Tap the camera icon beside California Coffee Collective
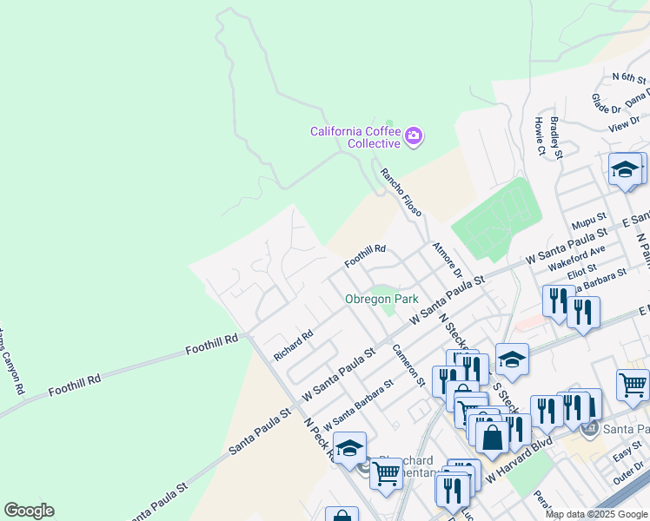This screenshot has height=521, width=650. tap(414, 135)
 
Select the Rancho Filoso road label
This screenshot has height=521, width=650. tap(401, 193)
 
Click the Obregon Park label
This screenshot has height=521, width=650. tap(381, 299)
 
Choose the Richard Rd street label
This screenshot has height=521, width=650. tap(293, 345)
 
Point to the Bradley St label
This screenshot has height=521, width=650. tap(557, 139)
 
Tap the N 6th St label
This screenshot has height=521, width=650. tap(629, 78)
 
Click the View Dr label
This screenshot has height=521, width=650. tap(624, 127)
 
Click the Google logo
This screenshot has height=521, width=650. tap(29, 511)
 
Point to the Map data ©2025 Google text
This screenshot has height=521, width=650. tap(596, 514)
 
